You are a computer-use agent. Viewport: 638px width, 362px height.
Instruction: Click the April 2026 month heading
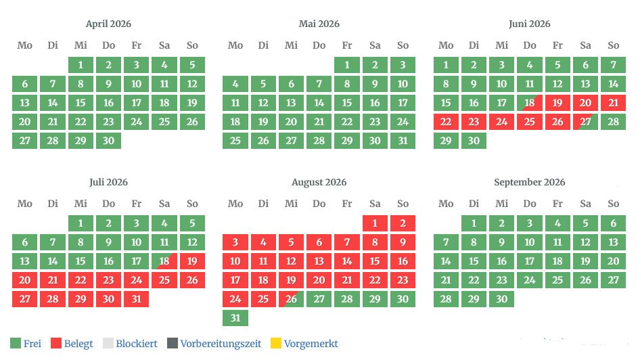[x=108, y=24]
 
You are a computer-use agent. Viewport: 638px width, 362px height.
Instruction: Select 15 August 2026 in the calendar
[x=375, y=261]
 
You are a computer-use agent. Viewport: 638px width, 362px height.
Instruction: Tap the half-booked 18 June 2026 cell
[x=529, y=103]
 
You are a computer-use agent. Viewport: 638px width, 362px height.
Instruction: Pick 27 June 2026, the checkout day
[x=585, y=122]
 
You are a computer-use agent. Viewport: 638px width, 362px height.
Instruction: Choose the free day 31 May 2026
[x=403, y=141]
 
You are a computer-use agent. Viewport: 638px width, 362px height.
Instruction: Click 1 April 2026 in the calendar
[x=81, y=65]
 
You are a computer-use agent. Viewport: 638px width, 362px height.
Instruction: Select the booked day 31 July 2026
[x=136, y=299]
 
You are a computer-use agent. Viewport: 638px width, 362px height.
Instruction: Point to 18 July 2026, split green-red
[x=164, y=261]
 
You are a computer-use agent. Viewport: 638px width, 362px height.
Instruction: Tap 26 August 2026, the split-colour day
[x=291, y=299]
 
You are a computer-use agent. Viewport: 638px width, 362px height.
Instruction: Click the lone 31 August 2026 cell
[x=235, y=318]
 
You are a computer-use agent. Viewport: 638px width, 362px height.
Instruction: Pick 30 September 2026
[x=501, y=299]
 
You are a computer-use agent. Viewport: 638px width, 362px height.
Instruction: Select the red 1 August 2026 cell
[x=375, y=223]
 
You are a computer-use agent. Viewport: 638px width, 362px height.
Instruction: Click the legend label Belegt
[x=78, y=344]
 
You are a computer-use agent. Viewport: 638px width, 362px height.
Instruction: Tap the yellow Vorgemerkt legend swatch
[x=275, y=344]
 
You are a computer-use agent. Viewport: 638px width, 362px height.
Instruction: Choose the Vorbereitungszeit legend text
[x=221, y=344]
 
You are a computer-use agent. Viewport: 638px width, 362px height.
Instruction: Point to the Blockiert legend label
[x=137, y=344]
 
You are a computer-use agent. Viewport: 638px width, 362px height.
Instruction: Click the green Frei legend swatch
[x=16, y=344]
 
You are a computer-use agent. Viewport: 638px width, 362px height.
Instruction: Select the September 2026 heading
[x=529, y=182]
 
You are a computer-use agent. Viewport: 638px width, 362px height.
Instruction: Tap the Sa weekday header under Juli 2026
[x=164, y=204]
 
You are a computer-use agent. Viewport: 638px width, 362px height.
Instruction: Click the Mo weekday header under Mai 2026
[x=235, y=45]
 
